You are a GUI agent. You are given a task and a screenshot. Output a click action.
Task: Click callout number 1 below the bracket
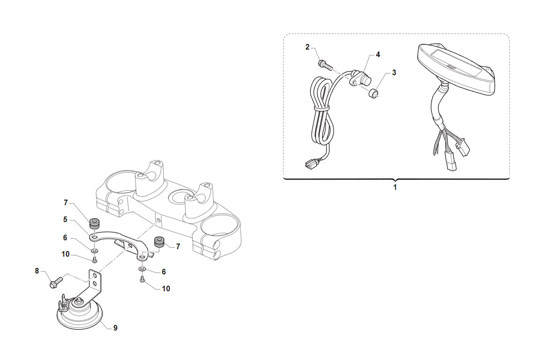[395, 187]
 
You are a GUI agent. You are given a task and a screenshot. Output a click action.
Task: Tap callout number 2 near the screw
[307, 47]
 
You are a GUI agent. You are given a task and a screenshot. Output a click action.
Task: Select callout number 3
[394, 72]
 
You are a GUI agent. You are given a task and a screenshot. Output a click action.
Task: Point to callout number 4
[378, 54]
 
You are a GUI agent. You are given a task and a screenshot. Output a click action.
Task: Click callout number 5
[65, 219]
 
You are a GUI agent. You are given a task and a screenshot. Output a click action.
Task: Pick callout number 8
[36, 271]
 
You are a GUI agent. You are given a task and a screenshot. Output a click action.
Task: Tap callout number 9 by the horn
[116, 328]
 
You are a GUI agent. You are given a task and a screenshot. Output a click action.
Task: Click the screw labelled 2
[325, 65]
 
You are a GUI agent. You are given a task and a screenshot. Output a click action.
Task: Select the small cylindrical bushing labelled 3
[373, 94]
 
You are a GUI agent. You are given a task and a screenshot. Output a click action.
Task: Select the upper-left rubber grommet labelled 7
[94, 223]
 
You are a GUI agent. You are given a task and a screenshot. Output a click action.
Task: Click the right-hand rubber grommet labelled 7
[159, 242]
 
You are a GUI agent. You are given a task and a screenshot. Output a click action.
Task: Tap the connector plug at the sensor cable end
[310, 165]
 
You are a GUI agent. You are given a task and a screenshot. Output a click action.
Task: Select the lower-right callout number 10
[166, 288]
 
